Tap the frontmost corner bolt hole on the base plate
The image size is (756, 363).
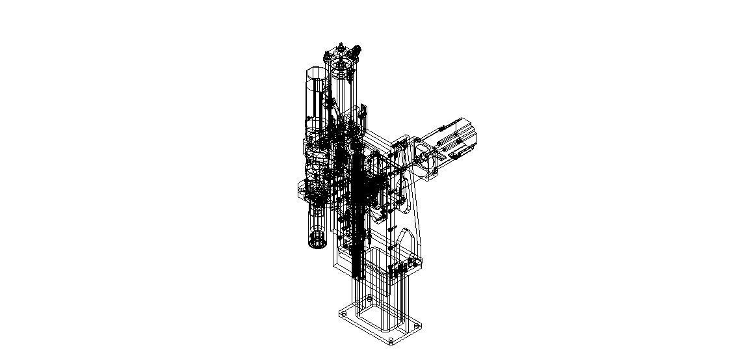click(x=391, y=340)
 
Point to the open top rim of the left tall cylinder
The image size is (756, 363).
click(x=315, y=71)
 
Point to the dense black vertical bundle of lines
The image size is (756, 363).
click(x=357, y=215)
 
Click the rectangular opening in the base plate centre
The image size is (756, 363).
click(x=379, y=318)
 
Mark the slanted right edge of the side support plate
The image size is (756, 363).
click(x=417, y=215)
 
